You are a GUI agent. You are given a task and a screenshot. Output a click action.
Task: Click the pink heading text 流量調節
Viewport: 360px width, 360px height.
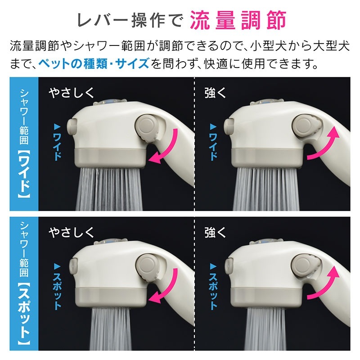pos(238,20)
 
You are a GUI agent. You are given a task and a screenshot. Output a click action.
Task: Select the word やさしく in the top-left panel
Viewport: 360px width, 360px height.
pos(72,93)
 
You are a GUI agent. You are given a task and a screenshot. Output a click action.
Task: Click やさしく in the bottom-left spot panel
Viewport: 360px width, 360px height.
pos(72,232)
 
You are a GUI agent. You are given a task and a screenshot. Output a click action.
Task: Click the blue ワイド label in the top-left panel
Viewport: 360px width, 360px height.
pos(57,143)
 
